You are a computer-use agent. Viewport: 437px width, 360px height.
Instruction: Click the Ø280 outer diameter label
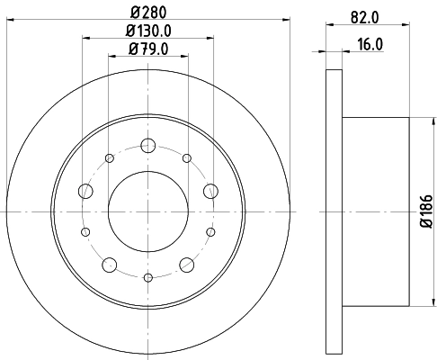tap(148, 12)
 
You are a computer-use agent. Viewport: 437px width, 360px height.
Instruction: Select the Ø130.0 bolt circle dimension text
tap(148, 31)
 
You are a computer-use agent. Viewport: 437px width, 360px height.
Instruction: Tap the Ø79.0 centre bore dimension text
tap(148, 49)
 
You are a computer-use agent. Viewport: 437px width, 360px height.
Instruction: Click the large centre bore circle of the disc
tap(148, 211)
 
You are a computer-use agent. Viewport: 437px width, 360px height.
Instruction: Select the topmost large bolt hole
tap(148, 146)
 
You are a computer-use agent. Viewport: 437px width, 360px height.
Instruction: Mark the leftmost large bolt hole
tap(85, 190)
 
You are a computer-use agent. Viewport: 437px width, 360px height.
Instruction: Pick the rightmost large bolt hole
tap(211, 190)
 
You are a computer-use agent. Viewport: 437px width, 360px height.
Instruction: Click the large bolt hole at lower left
tap(110, 264)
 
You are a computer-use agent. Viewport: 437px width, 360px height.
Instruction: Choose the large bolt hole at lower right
tap(187, 264)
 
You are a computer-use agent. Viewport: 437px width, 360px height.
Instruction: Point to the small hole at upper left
tap(110, 158)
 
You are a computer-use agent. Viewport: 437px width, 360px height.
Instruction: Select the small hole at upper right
tap(187, 158)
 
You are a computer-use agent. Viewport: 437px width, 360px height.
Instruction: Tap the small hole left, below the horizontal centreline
tap(86, 231)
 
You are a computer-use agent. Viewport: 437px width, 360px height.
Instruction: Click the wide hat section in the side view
tap(376, 211)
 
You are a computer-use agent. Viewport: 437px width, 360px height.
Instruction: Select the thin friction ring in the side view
tap(333, 211)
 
